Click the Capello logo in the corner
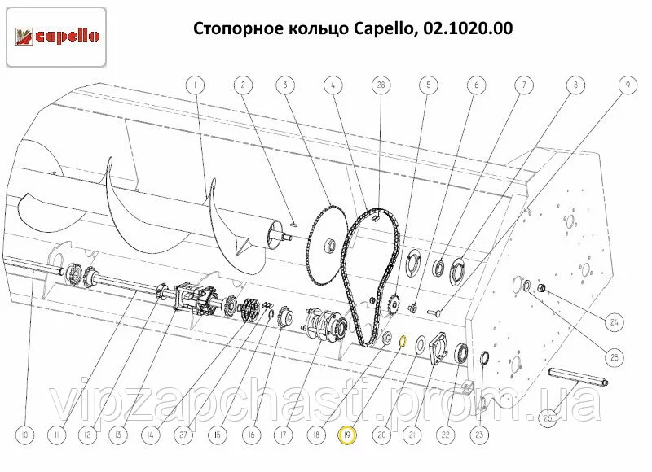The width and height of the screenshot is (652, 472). pyautogui.click(x=56, y=37)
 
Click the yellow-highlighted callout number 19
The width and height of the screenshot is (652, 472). pyautogui.click(x=348, y=435)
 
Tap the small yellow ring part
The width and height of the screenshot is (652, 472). pyautogui.click(x=403, y=341)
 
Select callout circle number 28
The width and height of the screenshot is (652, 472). pyautogui.click(x=381, y=85)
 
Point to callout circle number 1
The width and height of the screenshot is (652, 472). pyautogui.click(x=195, y=85)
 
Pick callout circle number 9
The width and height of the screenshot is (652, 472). pyautogui.click(x=628, y=85)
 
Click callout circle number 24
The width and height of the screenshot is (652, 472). pyautogui.click(x=615, y=321)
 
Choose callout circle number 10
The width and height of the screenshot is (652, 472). pyautogui.click(x=24, y=435)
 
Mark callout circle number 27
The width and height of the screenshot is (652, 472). pyautogui.click(x=183, y=435)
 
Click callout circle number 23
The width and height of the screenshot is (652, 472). pyautogui.click(x=479, y=435)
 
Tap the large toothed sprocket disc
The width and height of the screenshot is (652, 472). pyautogui.click(x=328, y=244)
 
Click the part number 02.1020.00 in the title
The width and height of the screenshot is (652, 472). pyautogui.click(x=468, y=28)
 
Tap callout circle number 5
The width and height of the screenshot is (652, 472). pyautogui.click(x=429, y=85)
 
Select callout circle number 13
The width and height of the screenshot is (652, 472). pyautogui.click(x=118, y=435)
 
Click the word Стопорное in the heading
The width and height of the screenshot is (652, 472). pyautogui.click(x=235, y=28)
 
